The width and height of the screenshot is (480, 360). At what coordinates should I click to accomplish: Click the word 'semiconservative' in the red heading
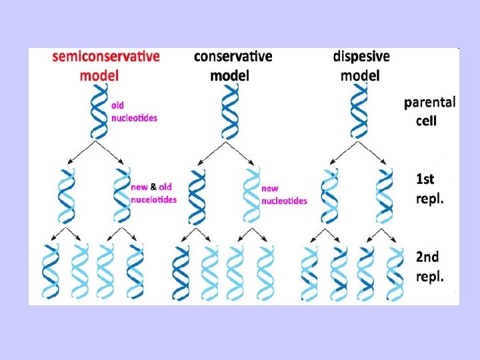pyautogui.click(x=106, y=57)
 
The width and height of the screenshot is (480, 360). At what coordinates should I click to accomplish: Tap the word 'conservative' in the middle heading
pyautogui.click(x=233, y=57)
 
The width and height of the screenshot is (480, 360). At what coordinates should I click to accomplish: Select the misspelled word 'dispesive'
pyautogui.click(x=361, y=57)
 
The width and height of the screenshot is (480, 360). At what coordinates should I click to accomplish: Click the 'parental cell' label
pyautogui.click(x=430, y=111)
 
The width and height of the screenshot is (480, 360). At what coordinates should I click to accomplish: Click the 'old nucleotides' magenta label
pyautogui.click(x=134, y=111)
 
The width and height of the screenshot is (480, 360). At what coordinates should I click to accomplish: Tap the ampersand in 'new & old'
pyautogui.click(x=154, y=187)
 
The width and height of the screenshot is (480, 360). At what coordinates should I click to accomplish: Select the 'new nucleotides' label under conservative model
pyautogui.click(x=284, y=194)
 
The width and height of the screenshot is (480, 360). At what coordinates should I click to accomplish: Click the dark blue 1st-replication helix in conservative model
pyautogui.click(x=197, y=196)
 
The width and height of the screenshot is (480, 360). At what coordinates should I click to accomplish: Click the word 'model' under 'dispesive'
pyautogui.click(x=360, y=75)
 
